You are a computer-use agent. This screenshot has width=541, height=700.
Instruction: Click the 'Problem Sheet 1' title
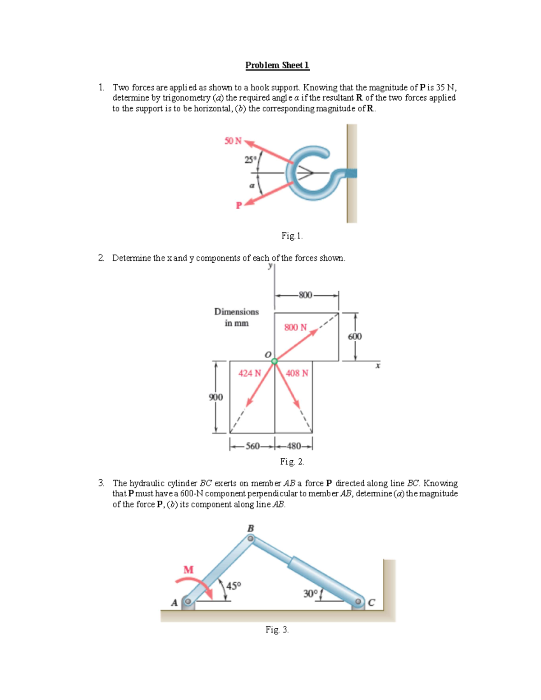(x=277, y=65)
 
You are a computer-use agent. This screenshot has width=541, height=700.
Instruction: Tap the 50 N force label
(x=233, y=141)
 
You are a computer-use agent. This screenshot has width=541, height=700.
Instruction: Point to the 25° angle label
(x=250, y=160)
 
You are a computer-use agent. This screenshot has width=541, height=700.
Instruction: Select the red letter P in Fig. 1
(x=239, y=206)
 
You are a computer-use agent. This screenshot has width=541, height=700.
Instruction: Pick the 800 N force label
(x=295, y=327)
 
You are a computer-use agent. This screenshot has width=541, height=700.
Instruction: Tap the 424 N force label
(x=250, y=373)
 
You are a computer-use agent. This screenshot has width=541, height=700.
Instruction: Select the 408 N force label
(x=297, y=373)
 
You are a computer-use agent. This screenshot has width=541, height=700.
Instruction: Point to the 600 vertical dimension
(x=355, y=337)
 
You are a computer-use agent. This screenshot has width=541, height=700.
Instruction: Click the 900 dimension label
(x=216, y=397)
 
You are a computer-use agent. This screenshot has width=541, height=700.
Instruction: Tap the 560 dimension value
(x=252, y=446)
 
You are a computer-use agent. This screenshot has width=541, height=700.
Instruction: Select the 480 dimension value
(x=294, y=446)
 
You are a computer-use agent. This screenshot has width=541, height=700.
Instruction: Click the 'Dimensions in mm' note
(x=237, y=317)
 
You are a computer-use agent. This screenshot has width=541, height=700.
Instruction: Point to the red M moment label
(x=188, y=570)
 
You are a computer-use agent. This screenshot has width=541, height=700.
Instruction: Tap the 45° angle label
(x=234, y=586)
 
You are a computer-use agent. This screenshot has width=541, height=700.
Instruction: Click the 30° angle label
(x=310, y=594)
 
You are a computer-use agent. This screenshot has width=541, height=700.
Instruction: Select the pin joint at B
(x=251, y=538)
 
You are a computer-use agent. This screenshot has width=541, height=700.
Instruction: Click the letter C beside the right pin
(x=371, y=603)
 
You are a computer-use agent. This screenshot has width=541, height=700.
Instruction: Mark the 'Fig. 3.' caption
(x=277, y=630)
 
